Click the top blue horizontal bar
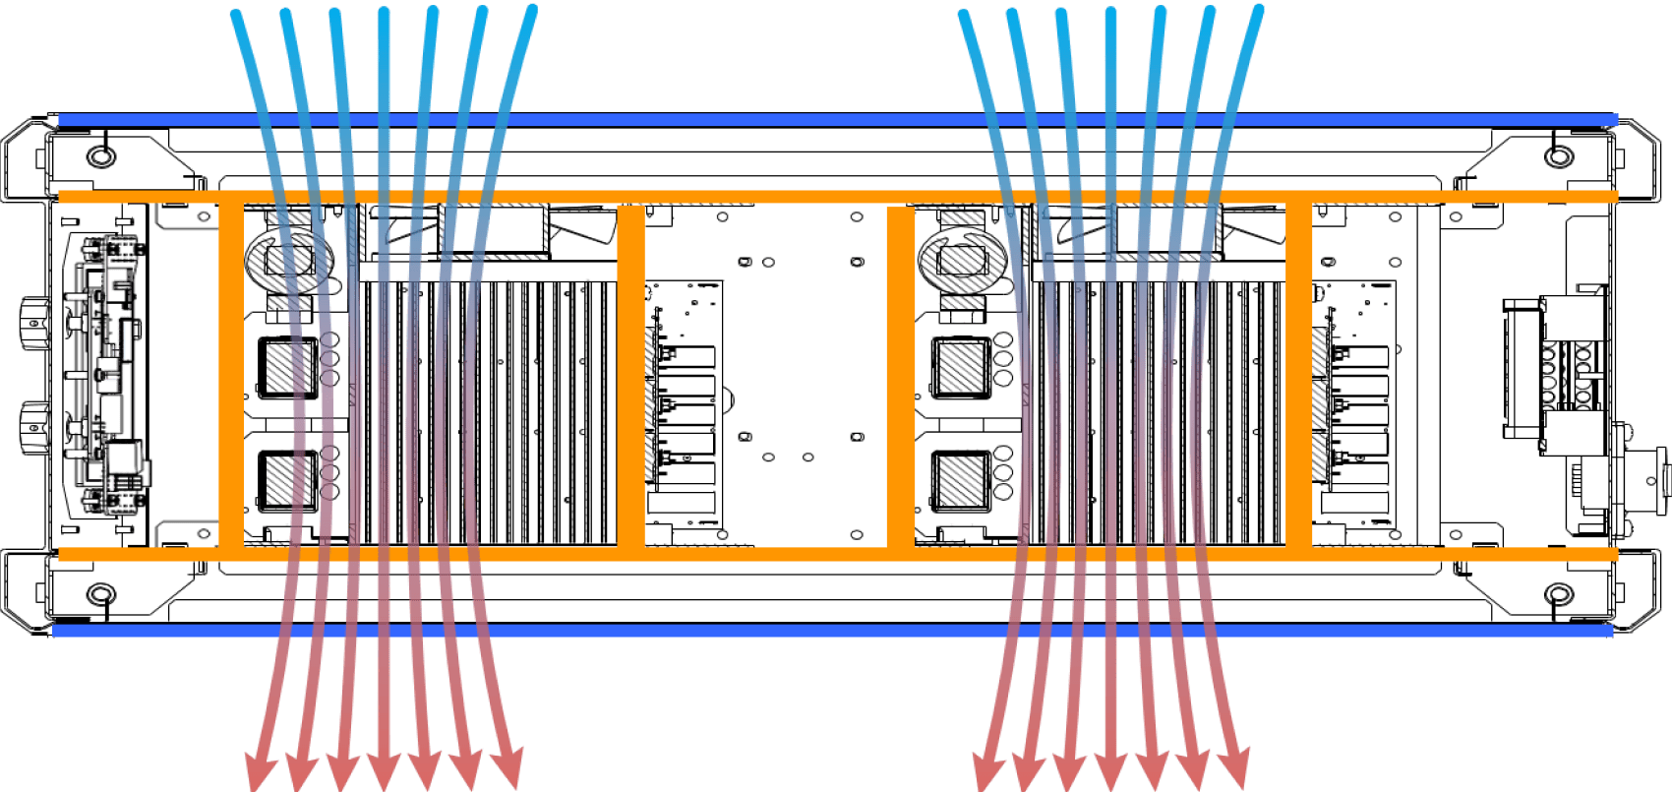[836, 120]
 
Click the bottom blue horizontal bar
[836, 630]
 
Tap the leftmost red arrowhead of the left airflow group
[259, 771]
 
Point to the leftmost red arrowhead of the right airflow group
[987, 771]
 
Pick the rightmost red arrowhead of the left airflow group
[508, 769]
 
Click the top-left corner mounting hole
[100, 155]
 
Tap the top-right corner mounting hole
[1557, 155]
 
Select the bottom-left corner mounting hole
[100, 594]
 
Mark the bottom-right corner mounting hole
[1557, 594]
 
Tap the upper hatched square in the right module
[959, 366]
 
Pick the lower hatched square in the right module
[959, 480]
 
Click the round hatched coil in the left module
[287, 261]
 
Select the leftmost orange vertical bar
[230, 374]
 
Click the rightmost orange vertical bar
[1298, 374]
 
